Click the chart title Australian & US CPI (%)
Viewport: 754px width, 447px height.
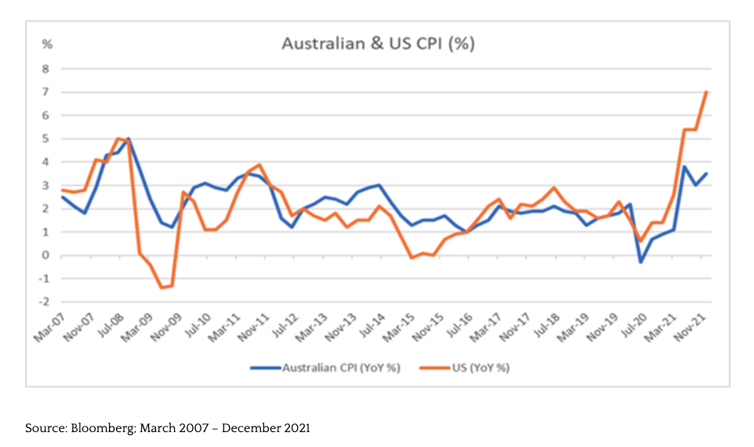378,44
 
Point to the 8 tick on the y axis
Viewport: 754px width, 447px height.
45,69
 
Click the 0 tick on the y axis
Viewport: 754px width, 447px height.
45,256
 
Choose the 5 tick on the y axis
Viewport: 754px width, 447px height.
45,139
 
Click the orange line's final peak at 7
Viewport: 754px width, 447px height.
707,93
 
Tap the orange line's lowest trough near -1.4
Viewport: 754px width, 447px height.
161,288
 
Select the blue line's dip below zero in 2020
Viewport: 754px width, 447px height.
641,262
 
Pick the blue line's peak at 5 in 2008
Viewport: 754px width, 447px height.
129,139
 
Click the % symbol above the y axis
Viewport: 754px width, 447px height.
46,44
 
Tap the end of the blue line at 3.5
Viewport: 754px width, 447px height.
707,174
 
